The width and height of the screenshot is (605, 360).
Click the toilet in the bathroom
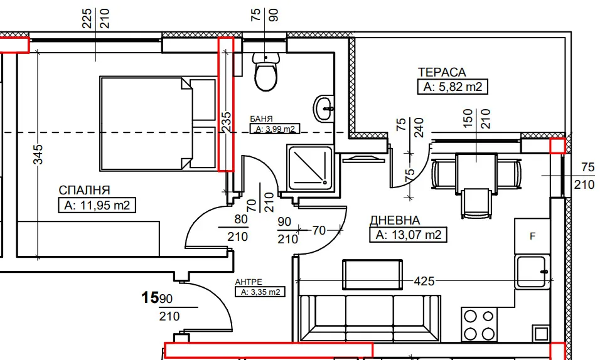tap(266, 71)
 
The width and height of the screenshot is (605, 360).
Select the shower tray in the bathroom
tap(309, 167)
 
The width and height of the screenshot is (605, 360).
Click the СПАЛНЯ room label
tap(85, 190)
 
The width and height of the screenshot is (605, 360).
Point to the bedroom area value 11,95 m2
tap(97, 205)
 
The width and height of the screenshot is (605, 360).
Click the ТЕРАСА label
tap(442, 72)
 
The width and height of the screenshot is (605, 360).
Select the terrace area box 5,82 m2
tap(452, 87)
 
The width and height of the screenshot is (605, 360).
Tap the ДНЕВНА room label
tap(395, 220)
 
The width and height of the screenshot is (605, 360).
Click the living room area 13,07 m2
tap(408, 235)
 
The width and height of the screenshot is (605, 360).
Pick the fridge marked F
tap(532, 236)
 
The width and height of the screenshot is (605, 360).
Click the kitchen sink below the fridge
tap(532, 272)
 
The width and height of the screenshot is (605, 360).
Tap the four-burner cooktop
tap(479, 324)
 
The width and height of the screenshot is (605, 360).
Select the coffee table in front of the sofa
tap(372, 275)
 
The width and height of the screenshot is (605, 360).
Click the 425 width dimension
tap(424, 281)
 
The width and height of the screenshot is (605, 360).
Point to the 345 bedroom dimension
tap(38, 154)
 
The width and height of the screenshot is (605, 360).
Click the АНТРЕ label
tap(249, 282)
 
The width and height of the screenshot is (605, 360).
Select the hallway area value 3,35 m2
tap(260, 292)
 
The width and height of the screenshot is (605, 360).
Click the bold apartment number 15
tap(150, 297)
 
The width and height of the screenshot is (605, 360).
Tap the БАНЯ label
tap(261, 119)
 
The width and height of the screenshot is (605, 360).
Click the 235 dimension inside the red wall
tap(226, 122)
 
